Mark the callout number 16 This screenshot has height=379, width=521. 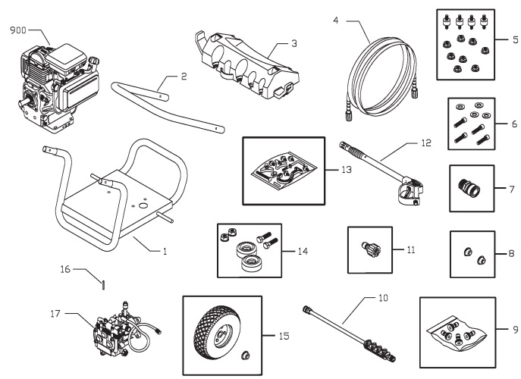coord(65,268)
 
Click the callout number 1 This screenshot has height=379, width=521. coord(165,250)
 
